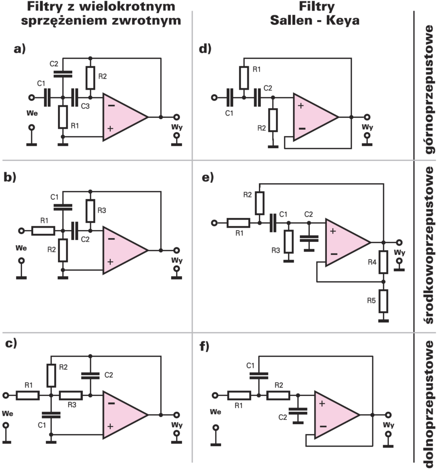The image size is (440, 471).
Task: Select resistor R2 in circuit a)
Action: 90,78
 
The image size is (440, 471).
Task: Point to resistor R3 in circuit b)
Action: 90,211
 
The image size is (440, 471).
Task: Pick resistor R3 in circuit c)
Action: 71,395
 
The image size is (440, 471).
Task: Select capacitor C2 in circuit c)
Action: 90,375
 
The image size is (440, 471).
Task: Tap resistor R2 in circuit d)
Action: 273,120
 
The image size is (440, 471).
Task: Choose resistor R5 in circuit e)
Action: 383,301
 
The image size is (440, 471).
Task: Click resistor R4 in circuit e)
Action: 383,262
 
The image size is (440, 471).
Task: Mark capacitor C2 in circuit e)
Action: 309,238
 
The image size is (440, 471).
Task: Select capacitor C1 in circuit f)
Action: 259,375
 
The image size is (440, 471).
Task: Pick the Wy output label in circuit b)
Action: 176,261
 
